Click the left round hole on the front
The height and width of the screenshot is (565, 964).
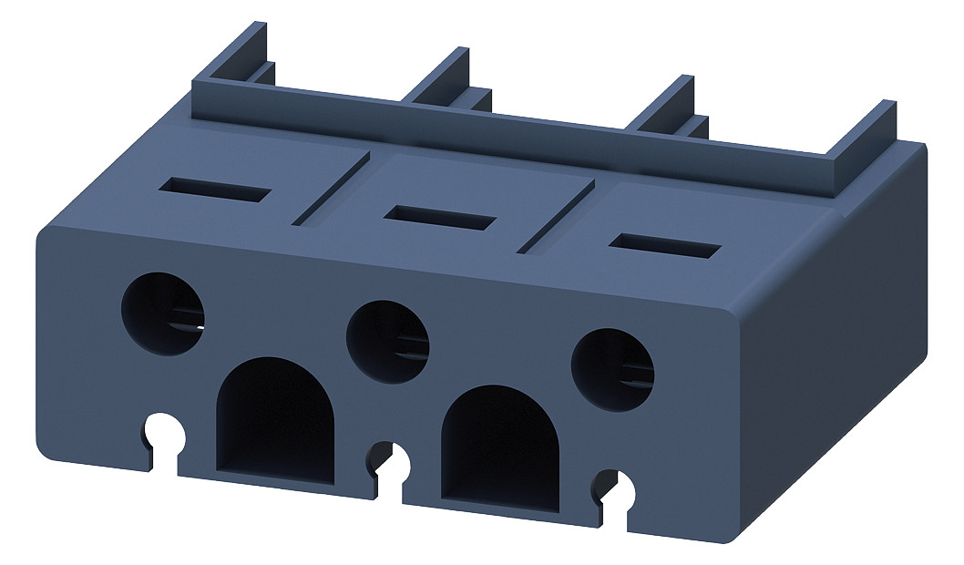pyautogui.click(x=163, y=314)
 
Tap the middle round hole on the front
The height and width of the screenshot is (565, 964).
pyautogui.click(x=387, y=341)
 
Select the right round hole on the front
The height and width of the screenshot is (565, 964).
pyautogui.click(x=612, y=367)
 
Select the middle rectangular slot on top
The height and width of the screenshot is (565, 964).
pyautogui.click(x=440, y=217)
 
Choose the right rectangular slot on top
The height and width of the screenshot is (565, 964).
pyautogui.click(x=665, y=244)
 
